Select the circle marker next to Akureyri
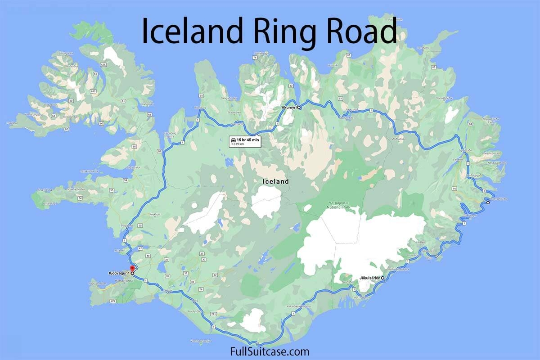[298, 108]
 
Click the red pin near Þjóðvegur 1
[132, 269]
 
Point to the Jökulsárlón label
[370, 278]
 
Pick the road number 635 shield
[103, 65]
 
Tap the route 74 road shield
[201, 96]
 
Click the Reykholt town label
[155, 215]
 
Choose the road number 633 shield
[93, 91]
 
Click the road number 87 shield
[340, 98]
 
